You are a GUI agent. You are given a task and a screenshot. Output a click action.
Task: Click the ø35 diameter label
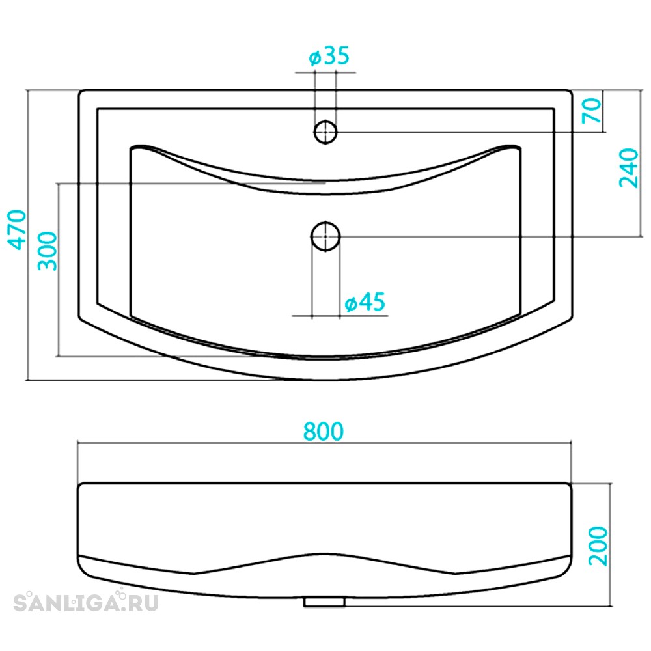329,56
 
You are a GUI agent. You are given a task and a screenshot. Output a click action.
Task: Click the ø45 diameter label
365,302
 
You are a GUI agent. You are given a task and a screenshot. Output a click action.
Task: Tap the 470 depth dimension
18,230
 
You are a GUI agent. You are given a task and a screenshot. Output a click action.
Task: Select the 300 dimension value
47,251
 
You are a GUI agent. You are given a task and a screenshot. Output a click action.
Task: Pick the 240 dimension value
629,168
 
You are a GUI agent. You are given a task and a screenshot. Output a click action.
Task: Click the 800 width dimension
324,432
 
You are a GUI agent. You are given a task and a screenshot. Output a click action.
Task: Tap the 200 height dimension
598,546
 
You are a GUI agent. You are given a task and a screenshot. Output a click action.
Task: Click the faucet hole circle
325,132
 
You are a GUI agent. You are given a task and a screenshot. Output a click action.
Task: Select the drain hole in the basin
325,236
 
